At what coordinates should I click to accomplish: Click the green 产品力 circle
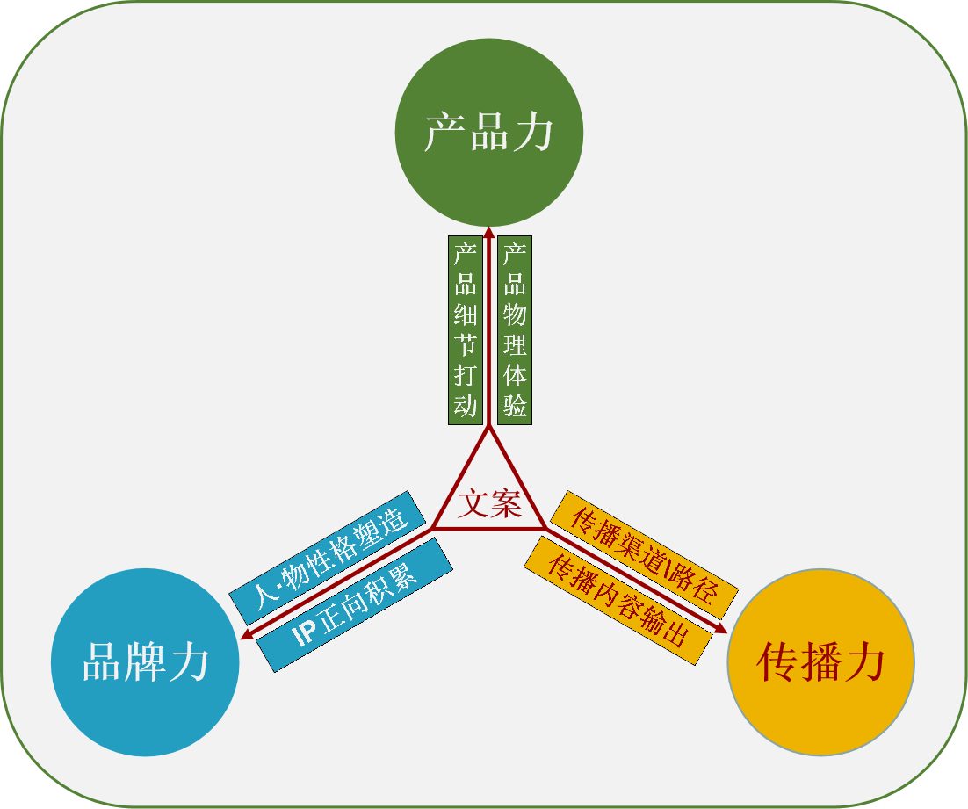point(489,132)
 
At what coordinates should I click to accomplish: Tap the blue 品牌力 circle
point(145,662)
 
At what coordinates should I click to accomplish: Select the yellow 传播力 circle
point(820,662)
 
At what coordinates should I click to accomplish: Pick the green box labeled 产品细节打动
point(465,330)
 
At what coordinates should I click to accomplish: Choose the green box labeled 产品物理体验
point(515,330)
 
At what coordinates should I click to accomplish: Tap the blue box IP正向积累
point(355,605)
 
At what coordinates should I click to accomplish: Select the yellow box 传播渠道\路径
point(645,554)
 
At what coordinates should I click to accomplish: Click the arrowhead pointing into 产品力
point(489,231)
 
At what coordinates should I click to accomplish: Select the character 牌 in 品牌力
point(146,663)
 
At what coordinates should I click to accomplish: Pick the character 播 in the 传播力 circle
point(820,663)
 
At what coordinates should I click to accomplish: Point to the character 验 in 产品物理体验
point(515,405)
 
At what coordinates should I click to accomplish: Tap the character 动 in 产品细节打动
point(465,405)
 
